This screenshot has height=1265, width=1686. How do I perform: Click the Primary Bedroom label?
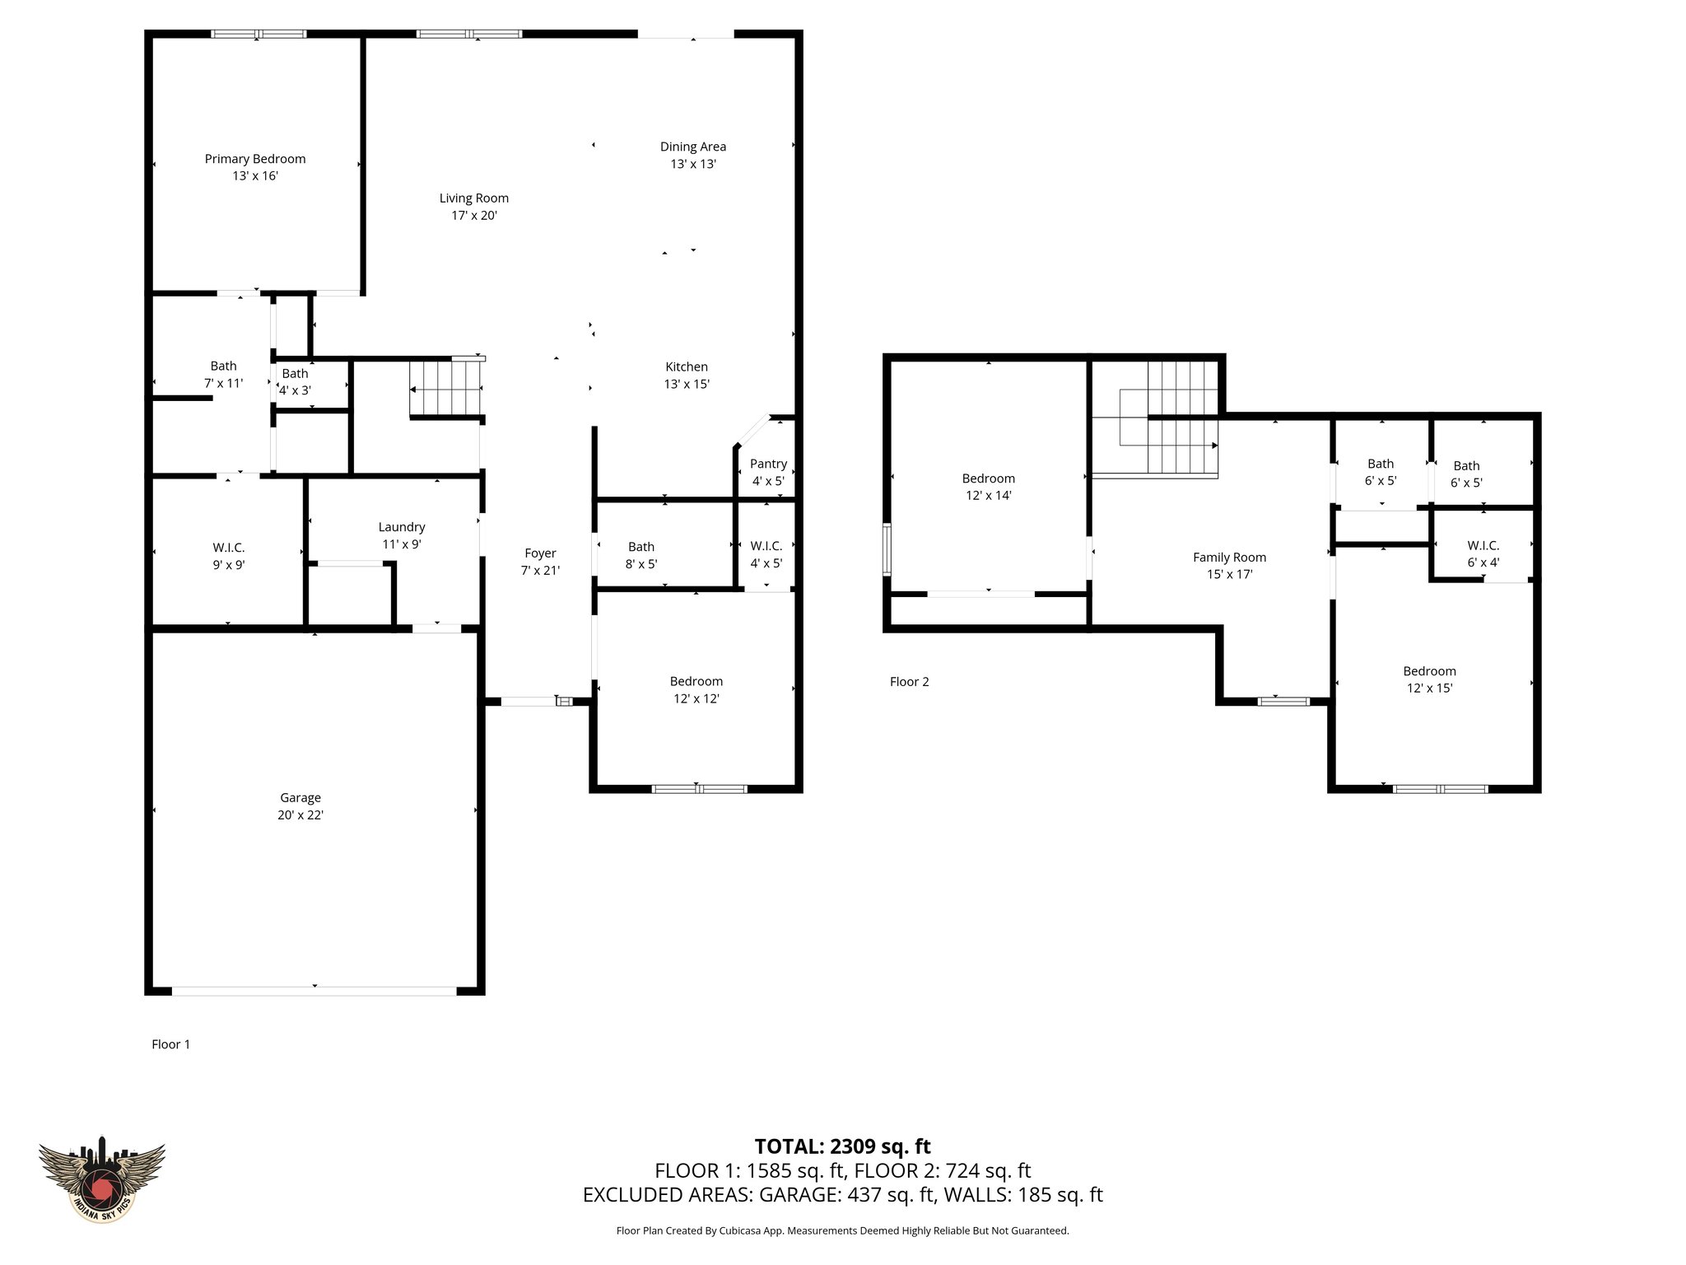(x=255, y=159)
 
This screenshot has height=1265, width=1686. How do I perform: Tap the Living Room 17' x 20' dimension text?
(x=474, y=216)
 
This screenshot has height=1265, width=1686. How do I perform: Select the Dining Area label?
(x=692, y=147)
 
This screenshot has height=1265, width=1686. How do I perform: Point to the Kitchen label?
(x=686, y=366)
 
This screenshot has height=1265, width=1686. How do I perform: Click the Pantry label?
(x=768, y=464)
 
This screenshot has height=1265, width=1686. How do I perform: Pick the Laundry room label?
(x=402, y=527)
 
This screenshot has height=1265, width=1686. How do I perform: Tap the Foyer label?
(x=540, y=553)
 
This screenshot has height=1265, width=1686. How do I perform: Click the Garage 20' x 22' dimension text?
(x=300, y=815)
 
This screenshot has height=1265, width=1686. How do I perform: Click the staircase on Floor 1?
(x=445, y=389)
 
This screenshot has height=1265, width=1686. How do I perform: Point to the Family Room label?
(x=1229, y=558)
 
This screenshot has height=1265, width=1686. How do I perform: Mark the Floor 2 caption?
(x=909, y=682)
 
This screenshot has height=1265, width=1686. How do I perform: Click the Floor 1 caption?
(x=170, y=1044)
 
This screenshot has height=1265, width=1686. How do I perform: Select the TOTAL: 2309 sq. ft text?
(x=842, y=1146)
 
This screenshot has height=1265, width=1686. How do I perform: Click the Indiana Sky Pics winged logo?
(x=102, y=1179)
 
